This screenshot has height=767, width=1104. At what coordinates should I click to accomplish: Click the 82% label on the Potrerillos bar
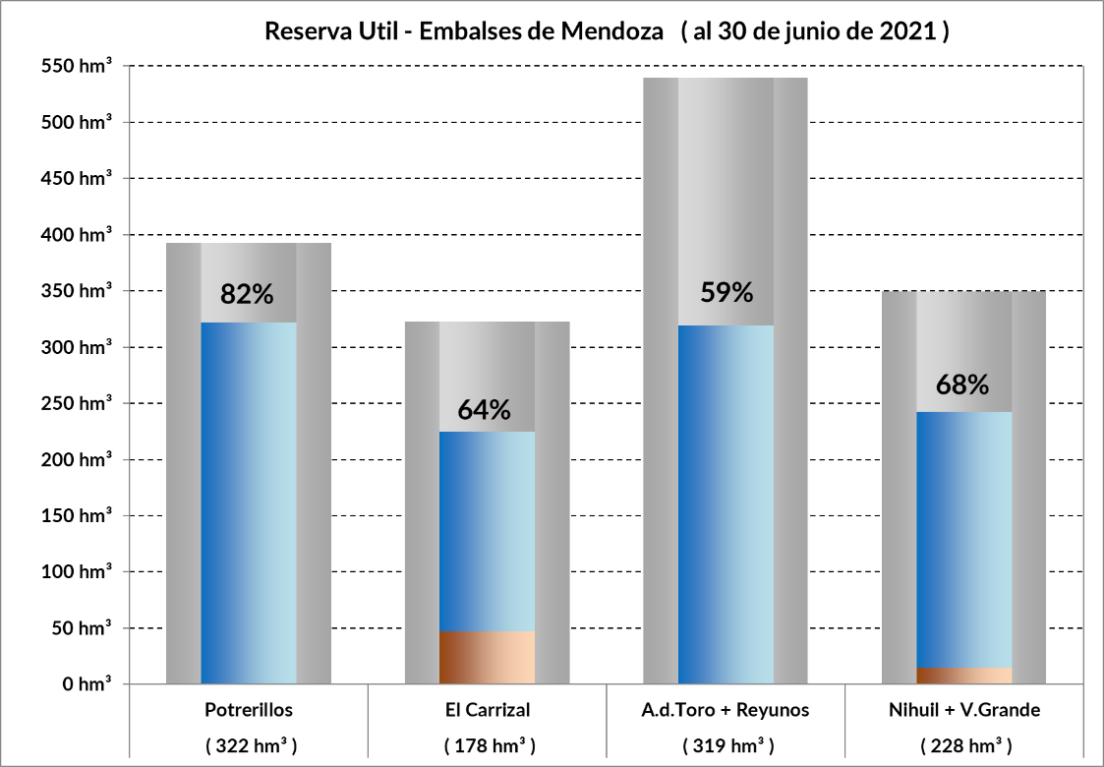tap(248, 293)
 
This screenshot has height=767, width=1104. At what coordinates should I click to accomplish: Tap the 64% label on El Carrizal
tap(485, 409)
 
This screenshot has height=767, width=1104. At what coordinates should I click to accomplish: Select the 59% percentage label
tap(726, 292)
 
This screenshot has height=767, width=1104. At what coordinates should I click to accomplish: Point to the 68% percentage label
tap(962, 384)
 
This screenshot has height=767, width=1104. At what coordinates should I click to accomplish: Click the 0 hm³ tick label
tap(87, 684)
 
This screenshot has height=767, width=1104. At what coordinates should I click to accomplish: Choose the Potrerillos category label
tap(249, 709)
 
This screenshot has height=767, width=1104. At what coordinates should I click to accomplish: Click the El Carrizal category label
tap(488, 709)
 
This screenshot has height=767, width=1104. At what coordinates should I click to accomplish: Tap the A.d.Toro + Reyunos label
tap(726, 709)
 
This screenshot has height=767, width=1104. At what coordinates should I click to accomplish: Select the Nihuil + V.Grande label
tap(964, 709)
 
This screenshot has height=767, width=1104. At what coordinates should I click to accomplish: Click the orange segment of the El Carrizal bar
tap(488, 657)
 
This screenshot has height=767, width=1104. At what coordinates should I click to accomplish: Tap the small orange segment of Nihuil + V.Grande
tap(964, 676)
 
